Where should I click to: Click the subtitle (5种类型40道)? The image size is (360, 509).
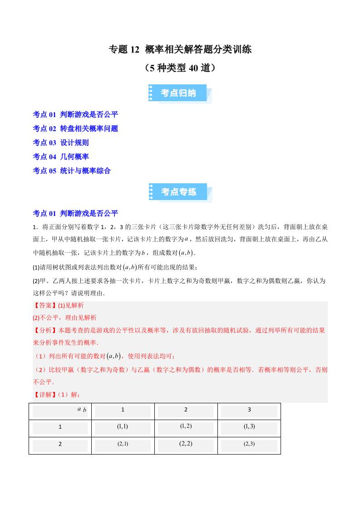tap(180, 68)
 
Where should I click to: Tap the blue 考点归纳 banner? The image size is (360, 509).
tap(179, 93)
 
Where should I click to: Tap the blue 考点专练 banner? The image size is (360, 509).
tap(179, 192)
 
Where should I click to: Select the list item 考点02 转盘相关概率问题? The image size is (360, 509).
tap(75, 128)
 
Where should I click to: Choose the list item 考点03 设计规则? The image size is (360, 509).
tap(61, 142)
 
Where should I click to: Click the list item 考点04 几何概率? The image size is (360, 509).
tap(61, 157)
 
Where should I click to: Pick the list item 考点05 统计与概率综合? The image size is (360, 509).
tap(72, 171)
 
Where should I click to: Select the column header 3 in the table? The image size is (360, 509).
tap(249, 410)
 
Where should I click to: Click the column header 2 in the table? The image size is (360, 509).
tap(186, 410)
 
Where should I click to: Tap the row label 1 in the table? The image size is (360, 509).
tap(60, 427)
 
